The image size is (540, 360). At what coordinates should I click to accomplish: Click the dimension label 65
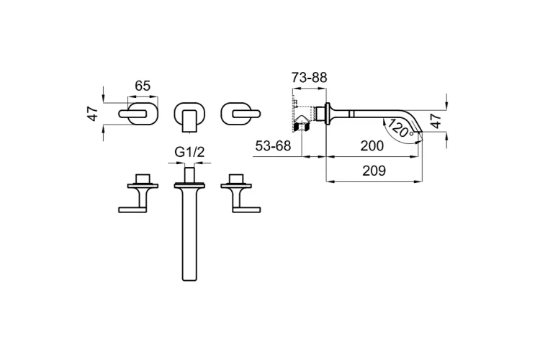(143, 86)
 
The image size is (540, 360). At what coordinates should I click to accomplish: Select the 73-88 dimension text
(310, 78)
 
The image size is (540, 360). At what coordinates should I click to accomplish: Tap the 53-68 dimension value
(273, 146)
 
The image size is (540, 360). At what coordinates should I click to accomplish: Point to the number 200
(372, 146)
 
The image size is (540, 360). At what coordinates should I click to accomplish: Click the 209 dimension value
(374, 171)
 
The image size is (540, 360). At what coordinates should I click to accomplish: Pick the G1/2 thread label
(189, 152)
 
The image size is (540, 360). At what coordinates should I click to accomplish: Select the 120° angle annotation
(399, 129)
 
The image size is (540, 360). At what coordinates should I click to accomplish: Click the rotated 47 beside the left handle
(93, 113)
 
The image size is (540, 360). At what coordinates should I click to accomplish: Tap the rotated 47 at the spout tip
(436, 121)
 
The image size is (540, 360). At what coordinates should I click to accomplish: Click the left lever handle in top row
(138, 113)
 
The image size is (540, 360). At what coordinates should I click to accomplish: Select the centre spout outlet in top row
(189, 117)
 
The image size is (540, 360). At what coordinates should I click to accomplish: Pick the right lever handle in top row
(240, 113)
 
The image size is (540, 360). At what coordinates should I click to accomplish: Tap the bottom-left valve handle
(138, 193)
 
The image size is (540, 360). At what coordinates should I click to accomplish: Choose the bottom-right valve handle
(240, 193)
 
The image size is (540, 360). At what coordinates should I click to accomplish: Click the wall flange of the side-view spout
(327, 113)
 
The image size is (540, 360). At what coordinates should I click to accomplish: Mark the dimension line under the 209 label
(374, 181)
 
